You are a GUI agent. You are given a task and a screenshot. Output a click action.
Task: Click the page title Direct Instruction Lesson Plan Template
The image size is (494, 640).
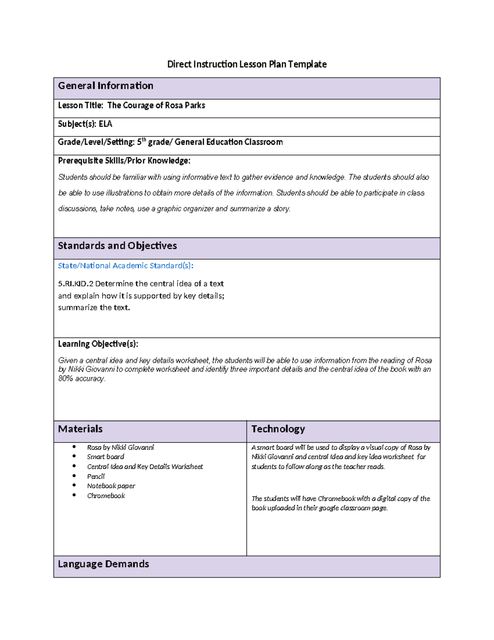(x=247, y=64)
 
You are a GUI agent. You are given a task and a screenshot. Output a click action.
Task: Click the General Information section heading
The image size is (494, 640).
(x=105, y=86)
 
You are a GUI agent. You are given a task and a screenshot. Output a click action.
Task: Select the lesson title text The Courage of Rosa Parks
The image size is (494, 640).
(x=156, y=105)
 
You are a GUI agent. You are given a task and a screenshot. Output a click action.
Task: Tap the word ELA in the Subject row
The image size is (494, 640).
(x=105, y=124)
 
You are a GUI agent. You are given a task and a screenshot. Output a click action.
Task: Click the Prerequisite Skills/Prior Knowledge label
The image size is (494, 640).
(x=124, y=161)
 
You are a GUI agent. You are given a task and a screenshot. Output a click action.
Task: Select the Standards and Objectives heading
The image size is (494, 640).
(x=117, y=246)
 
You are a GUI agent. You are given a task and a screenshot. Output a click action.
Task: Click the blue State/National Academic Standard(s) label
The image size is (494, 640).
(x=126, y=266)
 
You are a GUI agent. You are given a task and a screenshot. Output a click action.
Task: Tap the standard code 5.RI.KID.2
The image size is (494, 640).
(x=76, y=284)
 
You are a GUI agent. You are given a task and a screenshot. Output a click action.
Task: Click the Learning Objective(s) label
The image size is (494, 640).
(x=98, y=344)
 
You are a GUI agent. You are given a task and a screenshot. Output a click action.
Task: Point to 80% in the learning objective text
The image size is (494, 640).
(x=65, y=378)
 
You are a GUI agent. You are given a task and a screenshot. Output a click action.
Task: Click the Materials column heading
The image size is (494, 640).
(x=80, y=429)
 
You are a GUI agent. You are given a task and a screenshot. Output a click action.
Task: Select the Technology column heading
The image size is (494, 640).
(x=278, y=429)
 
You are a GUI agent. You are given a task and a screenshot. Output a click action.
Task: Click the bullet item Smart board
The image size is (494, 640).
(x=105, y=457)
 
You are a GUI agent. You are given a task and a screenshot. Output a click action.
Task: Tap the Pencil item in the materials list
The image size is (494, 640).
(x=96, y=476)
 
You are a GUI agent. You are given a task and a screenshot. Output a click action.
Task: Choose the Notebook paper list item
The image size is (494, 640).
(x=111, y=486)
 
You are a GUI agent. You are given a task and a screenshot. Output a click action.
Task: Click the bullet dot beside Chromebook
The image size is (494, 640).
(x=74, y=495)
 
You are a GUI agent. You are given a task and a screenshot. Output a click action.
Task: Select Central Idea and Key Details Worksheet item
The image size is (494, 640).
(x=145, y=467)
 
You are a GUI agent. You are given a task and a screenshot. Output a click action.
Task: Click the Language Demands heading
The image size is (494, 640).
(x=103, y=564)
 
